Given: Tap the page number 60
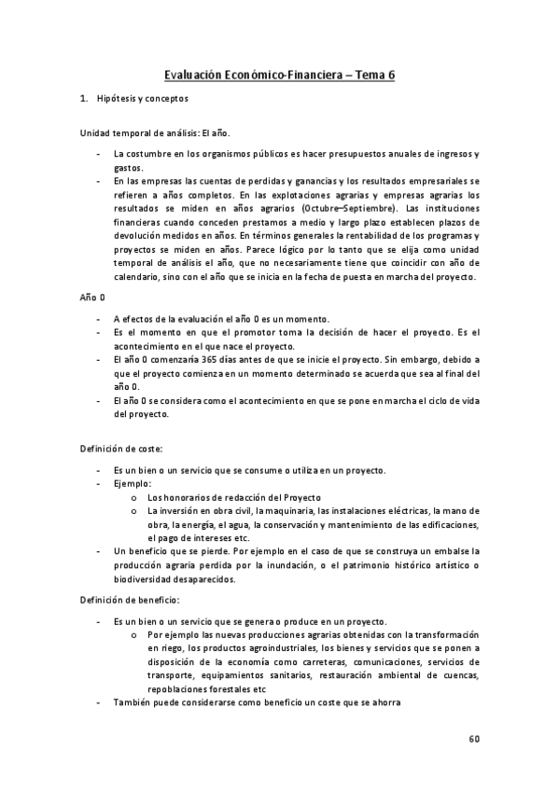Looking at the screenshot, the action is [474, 739].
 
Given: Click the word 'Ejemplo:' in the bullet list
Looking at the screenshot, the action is [133, 483].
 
